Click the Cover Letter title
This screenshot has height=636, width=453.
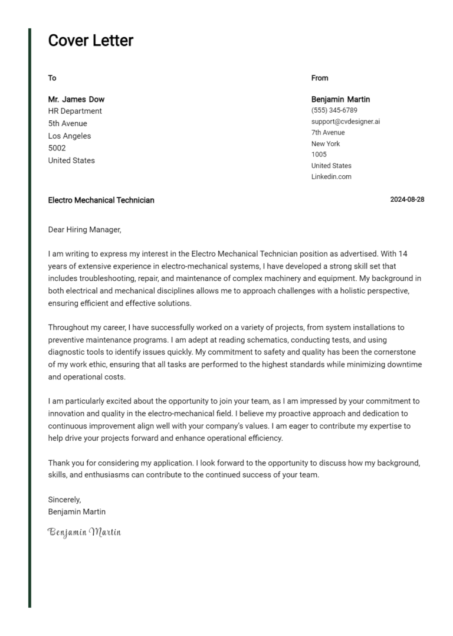(90, 41)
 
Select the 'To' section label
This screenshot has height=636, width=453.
(52, 78)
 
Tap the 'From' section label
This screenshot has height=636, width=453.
(320, 78)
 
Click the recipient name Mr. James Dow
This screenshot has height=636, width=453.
(76, 99)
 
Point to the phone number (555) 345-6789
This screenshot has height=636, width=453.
(334, 110)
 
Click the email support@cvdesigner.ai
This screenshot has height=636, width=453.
(346, 122)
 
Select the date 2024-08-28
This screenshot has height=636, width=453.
(407, 199)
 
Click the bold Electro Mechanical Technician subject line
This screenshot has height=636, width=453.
(101, 200)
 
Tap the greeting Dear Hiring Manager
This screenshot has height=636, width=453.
(84, 230)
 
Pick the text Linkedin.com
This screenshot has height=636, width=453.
(331, 176)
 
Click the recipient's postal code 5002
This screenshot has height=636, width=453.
(57, 148)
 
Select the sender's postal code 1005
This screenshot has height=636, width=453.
(319, 155)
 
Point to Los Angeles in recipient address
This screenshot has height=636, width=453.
(70, 136)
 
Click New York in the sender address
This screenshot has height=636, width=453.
(326, 143)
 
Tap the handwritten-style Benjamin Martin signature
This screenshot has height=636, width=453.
(84, 532)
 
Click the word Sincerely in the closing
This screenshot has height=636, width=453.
(64, 499)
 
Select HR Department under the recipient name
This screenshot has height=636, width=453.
(75, 111)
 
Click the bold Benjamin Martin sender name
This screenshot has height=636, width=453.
(340, 99)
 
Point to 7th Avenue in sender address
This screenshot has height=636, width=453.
(328, 133)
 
